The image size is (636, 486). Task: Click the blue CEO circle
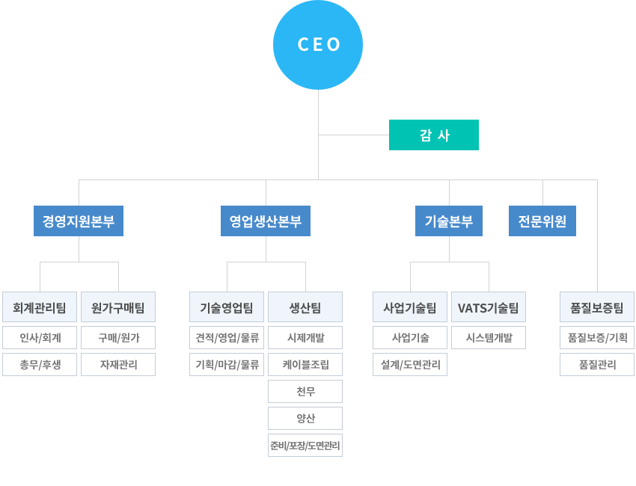[x=318, y=45]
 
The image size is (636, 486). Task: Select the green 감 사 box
[x=433, y=135]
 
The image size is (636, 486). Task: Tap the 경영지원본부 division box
[x=79, y=221]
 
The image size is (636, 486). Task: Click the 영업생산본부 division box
[x=266, y=221]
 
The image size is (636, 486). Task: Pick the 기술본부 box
[x=449, y=221]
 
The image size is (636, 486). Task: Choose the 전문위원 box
[x=542, y=221]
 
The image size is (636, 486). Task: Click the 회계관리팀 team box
[x=40, y=307]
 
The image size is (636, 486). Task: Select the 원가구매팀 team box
[x=118, y=307]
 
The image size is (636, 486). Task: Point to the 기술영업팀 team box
[x=227, y=307]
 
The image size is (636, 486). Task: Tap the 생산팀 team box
[x=305, y=307]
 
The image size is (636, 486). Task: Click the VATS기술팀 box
[x=489, y=307]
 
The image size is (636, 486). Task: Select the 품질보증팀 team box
[x=597, y=307]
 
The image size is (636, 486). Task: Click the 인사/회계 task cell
[x=40, y=338]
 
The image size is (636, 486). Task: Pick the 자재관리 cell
[x=118, y=365]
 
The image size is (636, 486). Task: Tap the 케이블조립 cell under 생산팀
[x=305, y=365]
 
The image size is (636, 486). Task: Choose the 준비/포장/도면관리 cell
[x=305, y=446]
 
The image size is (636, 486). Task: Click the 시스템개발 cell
[x=489, y=338]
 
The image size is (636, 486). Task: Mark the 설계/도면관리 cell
[x=410, y=365]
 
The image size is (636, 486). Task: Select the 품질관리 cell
[x=597, y=365]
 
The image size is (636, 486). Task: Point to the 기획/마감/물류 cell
[x=227, y=365]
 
